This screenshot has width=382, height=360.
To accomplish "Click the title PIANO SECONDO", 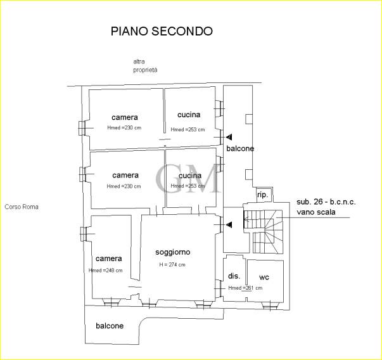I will coord(162,31).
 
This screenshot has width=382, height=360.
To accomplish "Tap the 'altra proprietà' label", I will coord(145,65).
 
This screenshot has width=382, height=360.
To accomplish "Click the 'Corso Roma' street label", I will coord(22,207).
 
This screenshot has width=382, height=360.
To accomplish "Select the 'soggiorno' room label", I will coord(173,252).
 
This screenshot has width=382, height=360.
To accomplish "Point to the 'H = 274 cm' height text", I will coord(172,264).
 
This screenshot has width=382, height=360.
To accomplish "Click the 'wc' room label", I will coord(264,277).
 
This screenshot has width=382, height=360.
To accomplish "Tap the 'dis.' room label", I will coord(233,277).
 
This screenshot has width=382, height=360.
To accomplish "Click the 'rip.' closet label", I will coord(262,195).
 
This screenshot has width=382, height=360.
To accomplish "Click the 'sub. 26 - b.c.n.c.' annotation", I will coord(326,202).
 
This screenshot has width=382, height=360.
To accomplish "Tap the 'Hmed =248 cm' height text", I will coord(106,271).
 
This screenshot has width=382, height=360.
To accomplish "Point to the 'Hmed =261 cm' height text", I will coord(245,288).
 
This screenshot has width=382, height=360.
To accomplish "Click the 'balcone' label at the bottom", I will coord(110,326).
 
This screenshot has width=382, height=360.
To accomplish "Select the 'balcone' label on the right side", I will coord(240,148).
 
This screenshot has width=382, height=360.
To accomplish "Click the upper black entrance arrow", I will coord(229,137).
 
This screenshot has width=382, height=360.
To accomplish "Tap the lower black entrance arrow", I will coord(229,224).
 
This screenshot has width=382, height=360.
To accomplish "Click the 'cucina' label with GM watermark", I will coord(190,175).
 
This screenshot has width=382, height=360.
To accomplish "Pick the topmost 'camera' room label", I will coord(125,117).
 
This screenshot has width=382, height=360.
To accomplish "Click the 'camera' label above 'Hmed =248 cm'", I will coord(108,259).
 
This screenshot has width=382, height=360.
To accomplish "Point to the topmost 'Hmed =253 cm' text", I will coord(188,129).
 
